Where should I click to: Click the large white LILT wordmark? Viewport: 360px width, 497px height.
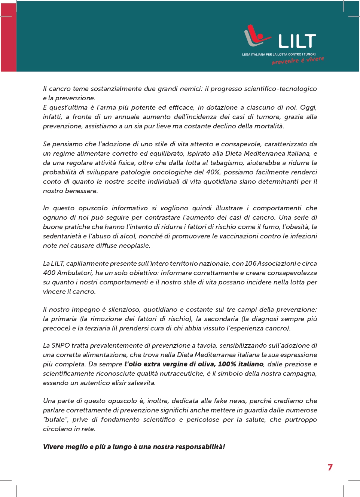pyautogui.click(x=297, y=41)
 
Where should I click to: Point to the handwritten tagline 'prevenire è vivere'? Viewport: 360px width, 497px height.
pyautogui.click(x=298, y=60)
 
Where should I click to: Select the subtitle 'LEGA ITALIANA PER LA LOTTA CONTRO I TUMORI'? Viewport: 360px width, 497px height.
pyautogui.click(x=279, y=55)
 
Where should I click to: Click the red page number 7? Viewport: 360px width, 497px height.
pyautogui.click(x=330, y=467)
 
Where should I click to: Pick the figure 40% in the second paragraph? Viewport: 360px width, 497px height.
pyautogui.click(x=213, y=172)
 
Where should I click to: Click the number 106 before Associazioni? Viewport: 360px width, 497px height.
pyautogui.click(x=250, y=263)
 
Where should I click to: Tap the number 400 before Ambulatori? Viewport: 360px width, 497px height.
pyautogui.click(x=49, y=273)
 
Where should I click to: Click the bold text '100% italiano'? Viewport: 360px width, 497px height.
pyautogui.click(x=241, y=364)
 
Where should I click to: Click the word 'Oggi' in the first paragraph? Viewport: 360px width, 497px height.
pyautogui.click(x=308, y=107)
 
